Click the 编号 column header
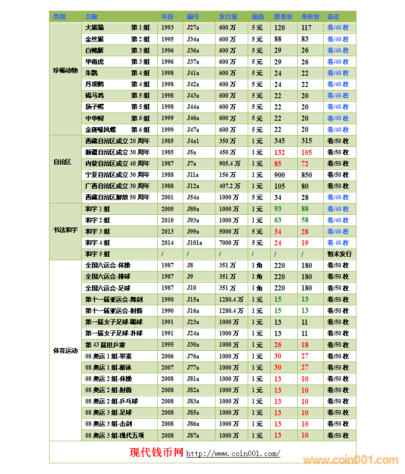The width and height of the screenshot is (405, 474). click(x=193, y=17)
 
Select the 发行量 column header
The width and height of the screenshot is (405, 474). click(x=228, y=17)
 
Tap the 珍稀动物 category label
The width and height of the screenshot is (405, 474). click(x=65, y=70)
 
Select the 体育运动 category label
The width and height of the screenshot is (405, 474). click(x=65, y=351)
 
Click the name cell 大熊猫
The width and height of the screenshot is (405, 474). click(x=94, y=28)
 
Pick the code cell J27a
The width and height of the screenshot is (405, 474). click(x=193, y=28)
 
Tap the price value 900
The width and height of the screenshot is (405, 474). click(x=279, y=175)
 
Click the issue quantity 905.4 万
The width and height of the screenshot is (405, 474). click(x=229, y=164)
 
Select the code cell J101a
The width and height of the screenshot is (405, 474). click(x=195, y=243)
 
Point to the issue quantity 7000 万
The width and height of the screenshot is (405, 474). click(x=228, y=243)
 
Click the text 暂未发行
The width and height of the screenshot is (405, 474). click(x=339, y=254)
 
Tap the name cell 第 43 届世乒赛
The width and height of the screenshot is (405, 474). click(x=106, y=345)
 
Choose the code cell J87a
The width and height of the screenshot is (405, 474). click(x=193, y=436)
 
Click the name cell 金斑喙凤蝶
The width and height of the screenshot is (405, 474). click(x=101, y=130)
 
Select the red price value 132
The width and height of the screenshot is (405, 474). click(x=279, y=152)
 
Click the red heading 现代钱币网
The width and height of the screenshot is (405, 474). click(x=156, y=453)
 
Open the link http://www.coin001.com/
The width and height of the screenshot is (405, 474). click(x=233, y=454)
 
